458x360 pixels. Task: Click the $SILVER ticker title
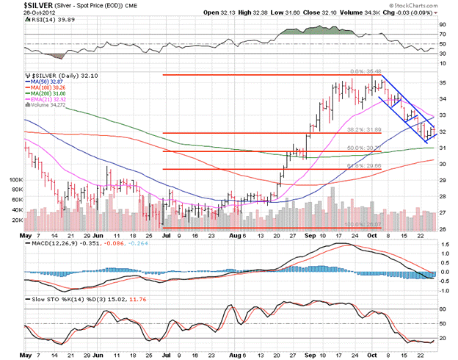[23, 7]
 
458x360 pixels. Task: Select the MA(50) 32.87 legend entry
[46, 82]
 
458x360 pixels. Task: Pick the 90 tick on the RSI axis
[444, 25]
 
